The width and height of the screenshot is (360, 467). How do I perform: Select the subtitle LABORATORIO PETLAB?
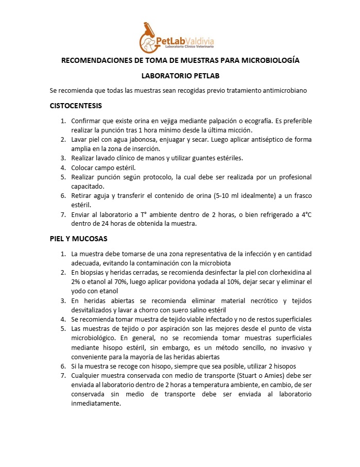[180, 75]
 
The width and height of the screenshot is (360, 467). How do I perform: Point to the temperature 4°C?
[304, 214]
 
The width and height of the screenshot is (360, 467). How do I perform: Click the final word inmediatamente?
[96, 404]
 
